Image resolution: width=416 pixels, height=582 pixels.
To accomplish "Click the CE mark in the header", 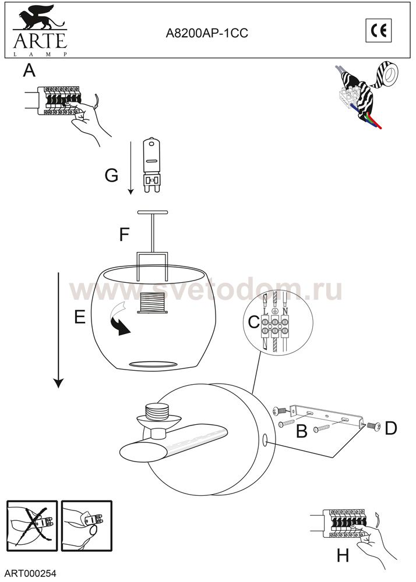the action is click(x=379, y=30).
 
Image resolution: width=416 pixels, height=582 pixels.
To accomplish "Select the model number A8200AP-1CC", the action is click(x=207, y=34).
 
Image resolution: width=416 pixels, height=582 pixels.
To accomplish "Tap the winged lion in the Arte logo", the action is click(x=38, y=17).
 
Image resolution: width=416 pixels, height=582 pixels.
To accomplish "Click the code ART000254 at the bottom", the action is click(x=31, y=573).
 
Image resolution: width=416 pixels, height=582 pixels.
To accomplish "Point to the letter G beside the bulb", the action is click(x=111, y=175).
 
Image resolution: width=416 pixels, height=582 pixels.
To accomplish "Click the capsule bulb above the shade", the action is click(x=152, y=165).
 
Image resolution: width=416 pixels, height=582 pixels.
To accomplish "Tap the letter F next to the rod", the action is click(x=124, y=234).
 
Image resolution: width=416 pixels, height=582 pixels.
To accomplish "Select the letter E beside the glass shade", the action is click(x=80, y=317).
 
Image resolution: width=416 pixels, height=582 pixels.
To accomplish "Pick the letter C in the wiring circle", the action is click(x=253, y=322).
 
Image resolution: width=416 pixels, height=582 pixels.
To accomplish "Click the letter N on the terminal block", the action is click(x=285, y=311).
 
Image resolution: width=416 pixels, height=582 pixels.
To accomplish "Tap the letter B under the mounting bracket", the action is click(x=302, y=431).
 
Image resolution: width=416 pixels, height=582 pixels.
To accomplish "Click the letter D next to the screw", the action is click(x=391, y=428).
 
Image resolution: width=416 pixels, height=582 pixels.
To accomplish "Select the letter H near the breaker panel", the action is click(x=343, y=556).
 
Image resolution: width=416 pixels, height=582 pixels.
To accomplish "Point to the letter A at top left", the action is click(x=29, y=70).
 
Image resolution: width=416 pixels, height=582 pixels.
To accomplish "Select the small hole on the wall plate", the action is click(x=265, y=441).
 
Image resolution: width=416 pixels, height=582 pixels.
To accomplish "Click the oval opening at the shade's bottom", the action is click(x=152, y=363).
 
